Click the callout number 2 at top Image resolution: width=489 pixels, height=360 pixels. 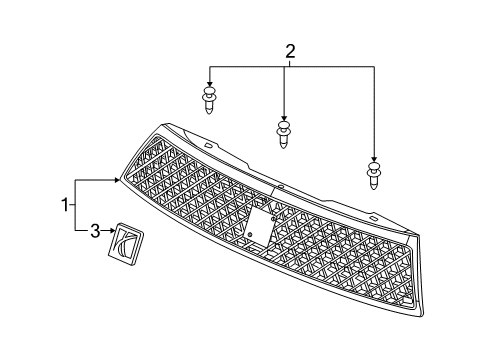coord(290,51)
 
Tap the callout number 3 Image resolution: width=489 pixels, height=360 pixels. coord(94,232)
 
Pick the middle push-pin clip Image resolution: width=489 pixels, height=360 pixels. coord(284,134)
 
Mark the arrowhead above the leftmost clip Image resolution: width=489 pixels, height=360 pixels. coord(210,84)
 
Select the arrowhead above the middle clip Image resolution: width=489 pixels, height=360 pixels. coord(284,118)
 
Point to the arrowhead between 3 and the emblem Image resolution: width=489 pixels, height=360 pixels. coord(110,232)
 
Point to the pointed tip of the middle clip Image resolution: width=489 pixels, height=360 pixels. coord(285,147)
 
